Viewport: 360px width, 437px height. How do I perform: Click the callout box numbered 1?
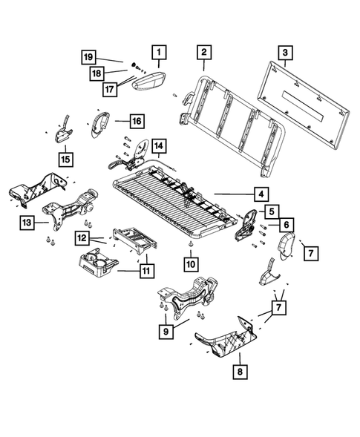click(158, 52)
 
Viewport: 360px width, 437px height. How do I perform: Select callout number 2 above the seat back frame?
click(203, 52)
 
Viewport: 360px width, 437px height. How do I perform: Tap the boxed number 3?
click(283, 52)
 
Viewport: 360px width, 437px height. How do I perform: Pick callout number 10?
click(191, 263)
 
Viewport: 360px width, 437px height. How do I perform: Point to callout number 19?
click(88, 56)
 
